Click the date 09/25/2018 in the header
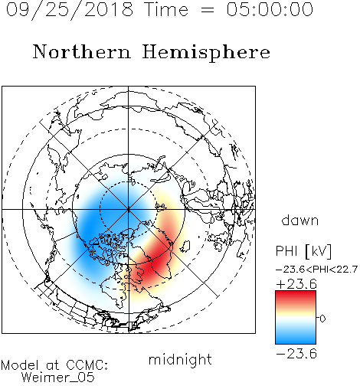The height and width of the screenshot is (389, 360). point(70,10)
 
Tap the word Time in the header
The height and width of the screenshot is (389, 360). point(166,9)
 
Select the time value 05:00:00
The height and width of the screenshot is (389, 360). point(270,9)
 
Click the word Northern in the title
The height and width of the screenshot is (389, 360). point(82,52)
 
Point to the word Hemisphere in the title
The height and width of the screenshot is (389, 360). point(206,53)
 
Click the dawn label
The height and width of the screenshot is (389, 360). point(300,220)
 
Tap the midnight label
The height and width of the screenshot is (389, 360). point(180,360)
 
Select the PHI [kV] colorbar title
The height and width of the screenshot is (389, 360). point(303,251)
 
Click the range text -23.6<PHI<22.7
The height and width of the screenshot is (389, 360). point(316,270)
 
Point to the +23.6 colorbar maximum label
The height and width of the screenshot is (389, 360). point(296,284)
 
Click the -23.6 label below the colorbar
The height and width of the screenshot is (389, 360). point(296,354)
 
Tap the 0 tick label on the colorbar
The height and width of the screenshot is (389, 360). point(322,319)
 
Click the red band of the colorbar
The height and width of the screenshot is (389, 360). point(296,297)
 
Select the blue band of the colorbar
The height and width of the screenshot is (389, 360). point(296,337)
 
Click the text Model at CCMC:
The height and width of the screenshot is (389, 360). point(54,365)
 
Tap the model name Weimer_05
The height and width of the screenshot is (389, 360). point(58,377)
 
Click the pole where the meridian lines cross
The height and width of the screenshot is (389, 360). point(129,209)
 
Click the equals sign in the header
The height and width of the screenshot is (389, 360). point(208,10)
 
